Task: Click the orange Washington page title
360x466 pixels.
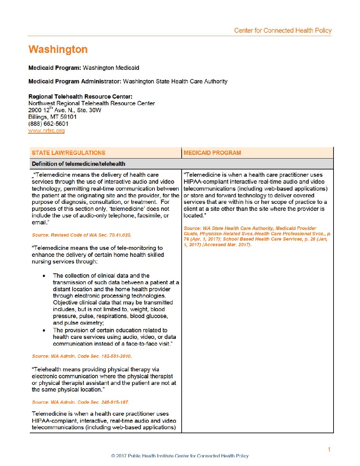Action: (x=58, y=49)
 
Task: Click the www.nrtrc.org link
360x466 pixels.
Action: (x=46, y=131)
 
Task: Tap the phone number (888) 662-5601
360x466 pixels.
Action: (x=48, y=124)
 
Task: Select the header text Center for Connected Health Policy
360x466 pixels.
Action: (x=283, y=30)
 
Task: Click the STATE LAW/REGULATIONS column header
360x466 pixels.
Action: (x=68, y=153)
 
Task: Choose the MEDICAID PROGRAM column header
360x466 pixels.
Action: (x=212, y=153)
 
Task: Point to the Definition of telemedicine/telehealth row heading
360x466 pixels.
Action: (x=78, y=164)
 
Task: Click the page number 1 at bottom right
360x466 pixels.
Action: (x=329, y=449)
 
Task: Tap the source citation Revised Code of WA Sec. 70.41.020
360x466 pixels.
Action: (x=81, y=235)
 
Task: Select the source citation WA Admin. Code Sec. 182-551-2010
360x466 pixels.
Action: (x=82, y=356)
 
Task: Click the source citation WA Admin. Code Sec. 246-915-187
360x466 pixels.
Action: (x=80, y=402)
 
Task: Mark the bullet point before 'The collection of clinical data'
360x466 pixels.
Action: (x=44, y=276)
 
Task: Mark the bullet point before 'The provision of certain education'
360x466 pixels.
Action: (x=44, y=330)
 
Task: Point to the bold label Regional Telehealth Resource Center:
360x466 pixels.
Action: (x=80, y=97)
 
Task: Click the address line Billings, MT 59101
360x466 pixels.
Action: (x=52, y=117)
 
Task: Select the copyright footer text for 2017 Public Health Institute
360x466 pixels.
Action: (x=180, y=456)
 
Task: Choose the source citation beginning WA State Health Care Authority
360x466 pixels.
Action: (x=257, y=236)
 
